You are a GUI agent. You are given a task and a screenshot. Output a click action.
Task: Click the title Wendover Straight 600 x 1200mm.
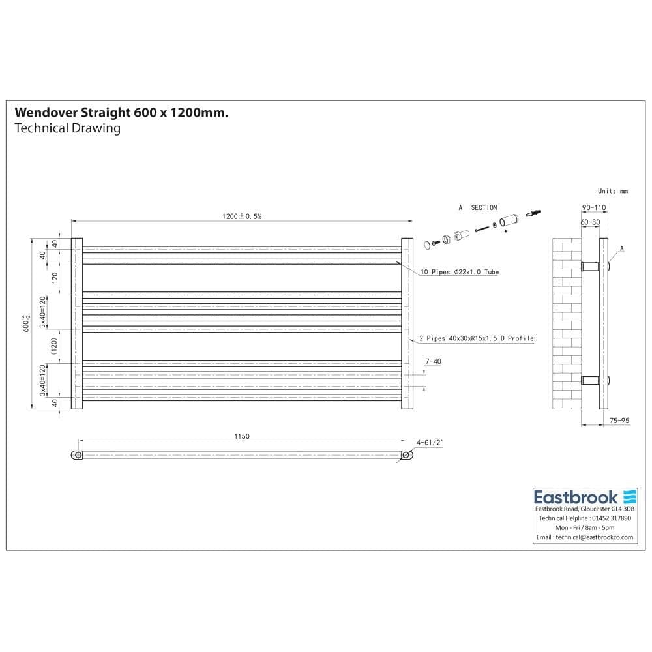coord(121,113)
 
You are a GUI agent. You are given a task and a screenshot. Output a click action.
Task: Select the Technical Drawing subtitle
coord(67,128)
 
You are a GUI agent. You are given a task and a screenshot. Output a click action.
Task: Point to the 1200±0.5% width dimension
coord(241,216)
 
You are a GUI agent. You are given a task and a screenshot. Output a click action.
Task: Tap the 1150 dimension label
coord(241,436)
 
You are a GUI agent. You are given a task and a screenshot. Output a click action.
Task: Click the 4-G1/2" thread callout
coord(430,442)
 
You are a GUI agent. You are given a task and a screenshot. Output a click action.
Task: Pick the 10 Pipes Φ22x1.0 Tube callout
coord(458,272)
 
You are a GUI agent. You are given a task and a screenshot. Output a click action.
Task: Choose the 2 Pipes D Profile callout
coord(477,338)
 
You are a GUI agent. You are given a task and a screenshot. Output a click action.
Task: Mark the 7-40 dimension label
coord(433,361)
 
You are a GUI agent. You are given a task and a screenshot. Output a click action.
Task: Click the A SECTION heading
coord(477,207)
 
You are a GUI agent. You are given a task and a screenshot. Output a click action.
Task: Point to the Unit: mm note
coord(612,191)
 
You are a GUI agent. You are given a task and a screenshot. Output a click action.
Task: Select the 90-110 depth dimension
coord(593,208)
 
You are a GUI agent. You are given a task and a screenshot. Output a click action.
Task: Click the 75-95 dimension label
coord(619,421)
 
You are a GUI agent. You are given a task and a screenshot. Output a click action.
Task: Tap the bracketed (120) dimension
coord(55,346)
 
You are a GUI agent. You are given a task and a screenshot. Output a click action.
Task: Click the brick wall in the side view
coord(566,326)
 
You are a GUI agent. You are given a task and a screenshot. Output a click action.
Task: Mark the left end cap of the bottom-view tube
coord(78,455)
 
